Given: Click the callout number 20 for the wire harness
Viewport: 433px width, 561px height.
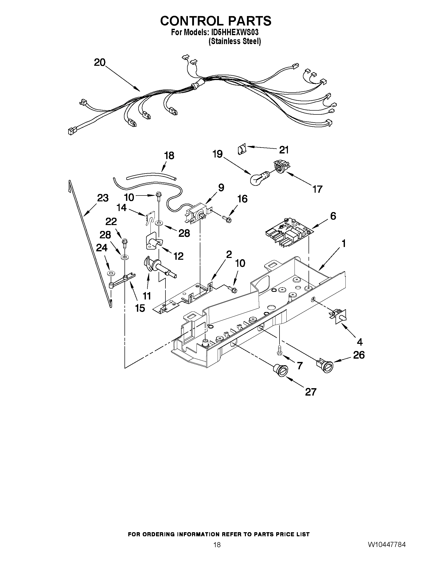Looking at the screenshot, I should pyautogui.click(x=100, y=62).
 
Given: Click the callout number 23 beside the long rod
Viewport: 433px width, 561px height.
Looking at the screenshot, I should pyautogui.click(x=103, y=198).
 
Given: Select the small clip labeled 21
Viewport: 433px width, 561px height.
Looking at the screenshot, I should pyautogui.click(x=241, y=149).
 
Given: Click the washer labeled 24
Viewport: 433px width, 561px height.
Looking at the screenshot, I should pyautogui.click(x=110, y=272).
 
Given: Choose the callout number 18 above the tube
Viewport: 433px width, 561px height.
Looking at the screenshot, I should pyautogui.click(x=169, y=155).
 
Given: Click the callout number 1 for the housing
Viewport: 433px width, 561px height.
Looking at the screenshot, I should pyautogui.click(x=343, y=243).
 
